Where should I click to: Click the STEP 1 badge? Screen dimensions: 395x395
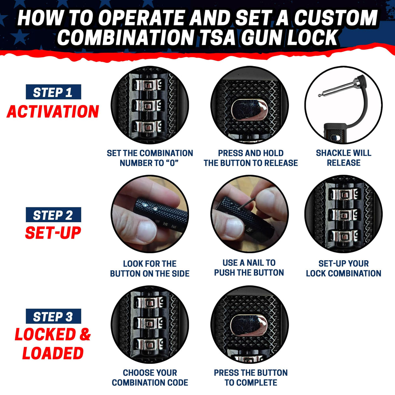tap(53, 92)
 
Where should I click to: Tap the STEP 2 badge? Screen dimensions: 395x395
tap(53, 215)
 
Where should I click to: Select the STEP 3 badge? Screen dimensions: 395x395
tap(53, 317)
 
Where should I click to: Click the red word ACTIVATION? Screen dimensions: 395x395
tap(53, 112)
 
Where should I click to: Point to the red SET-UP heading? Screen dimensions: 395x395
tap(53, 233)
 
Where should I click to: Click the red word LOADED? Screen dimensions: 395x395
tap(53, 353)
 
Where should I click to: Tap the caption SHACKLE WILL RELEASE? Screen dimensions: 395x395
tap(344, 158)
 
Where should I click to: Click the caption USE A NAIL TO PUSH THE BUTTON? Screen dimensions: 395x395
tap(249, 267)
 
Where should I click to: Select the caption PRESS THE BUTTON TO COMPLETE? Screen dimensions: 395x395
tap(251, 377)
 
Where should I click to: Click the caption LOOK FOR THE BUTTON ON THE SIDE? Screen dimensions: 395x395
tap(150, 268)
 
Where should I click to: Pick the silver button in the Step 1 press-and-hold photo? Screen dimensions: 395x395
tap(249, 110)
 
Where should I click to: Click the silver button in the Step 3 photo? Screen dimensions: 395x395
tap(249, 325)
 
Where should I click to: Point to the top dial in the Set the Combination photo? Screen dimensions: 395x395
tap(149, 85)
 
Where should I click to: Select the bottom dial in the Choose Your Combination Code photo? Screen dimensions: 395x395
tap(149, 345)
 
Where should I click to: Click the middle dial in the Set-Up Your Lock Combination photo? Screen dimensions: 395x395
tap(344, 215)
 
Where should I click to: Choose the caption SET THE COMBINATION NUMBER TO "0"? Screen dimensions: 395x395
tap(150, 158)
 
